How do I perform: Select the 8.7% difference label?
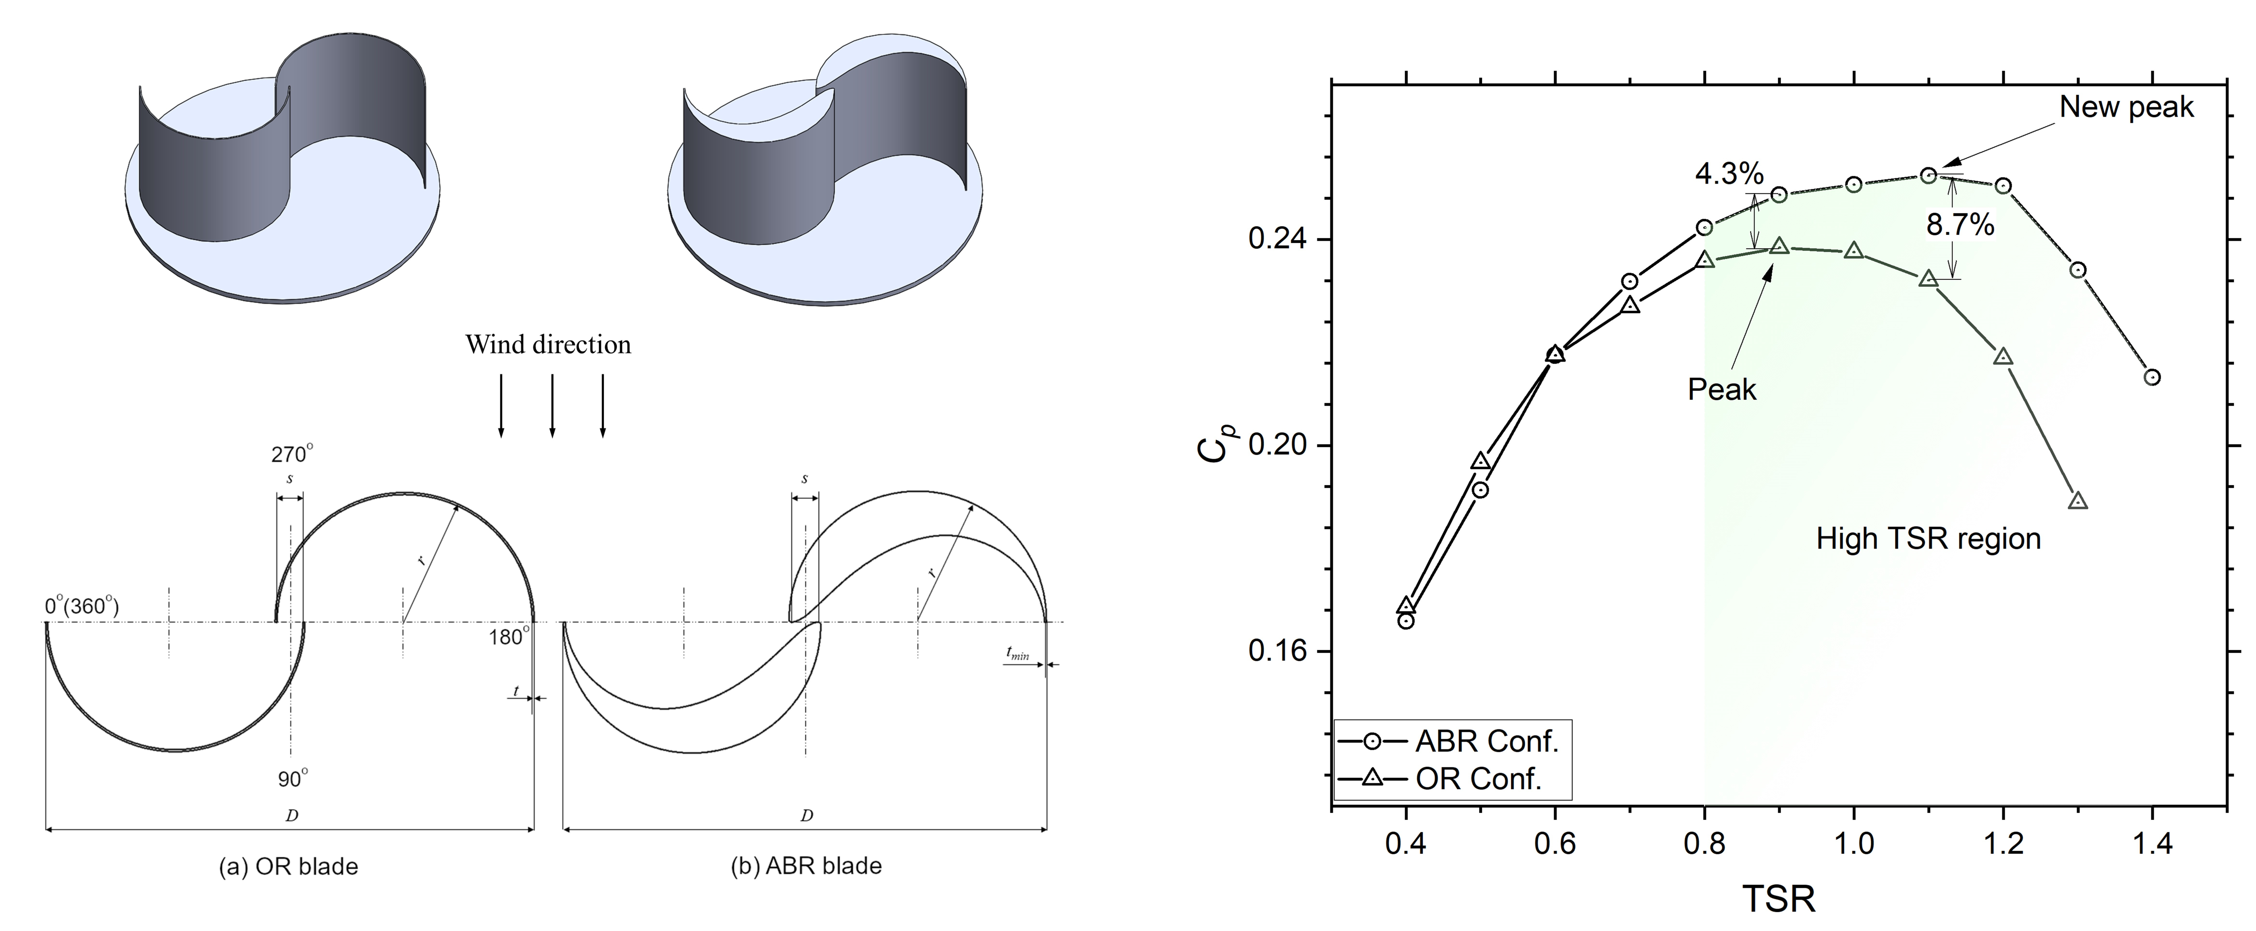tap(1960, 225)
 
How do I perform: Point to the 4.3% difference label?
tap(1729, 173)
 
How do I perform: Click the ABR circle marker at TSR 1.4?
tap(2152, 377)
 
